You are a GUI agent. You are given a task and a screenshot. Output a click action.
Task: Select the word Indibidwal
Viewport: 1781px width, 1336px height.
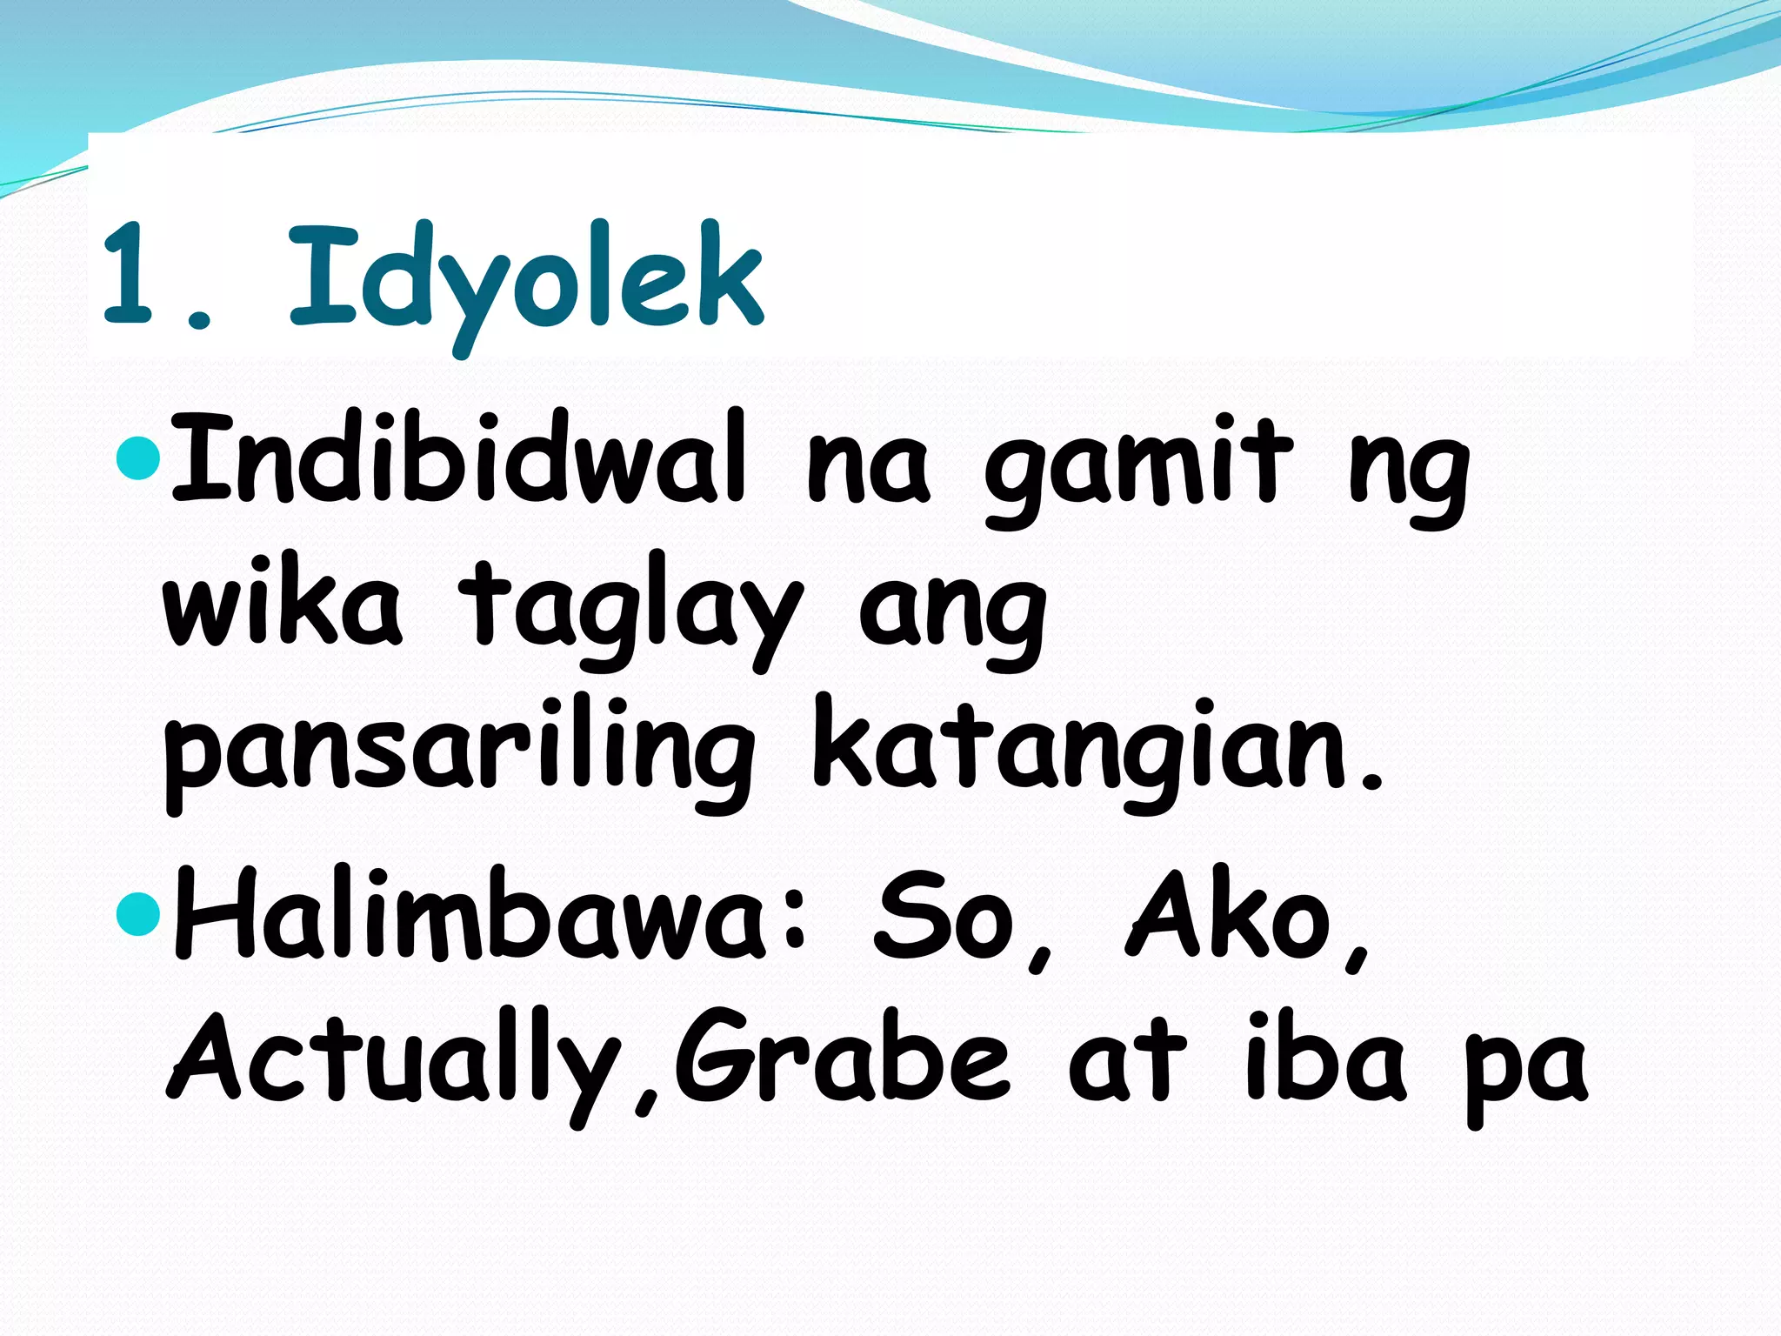(459, 458)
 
